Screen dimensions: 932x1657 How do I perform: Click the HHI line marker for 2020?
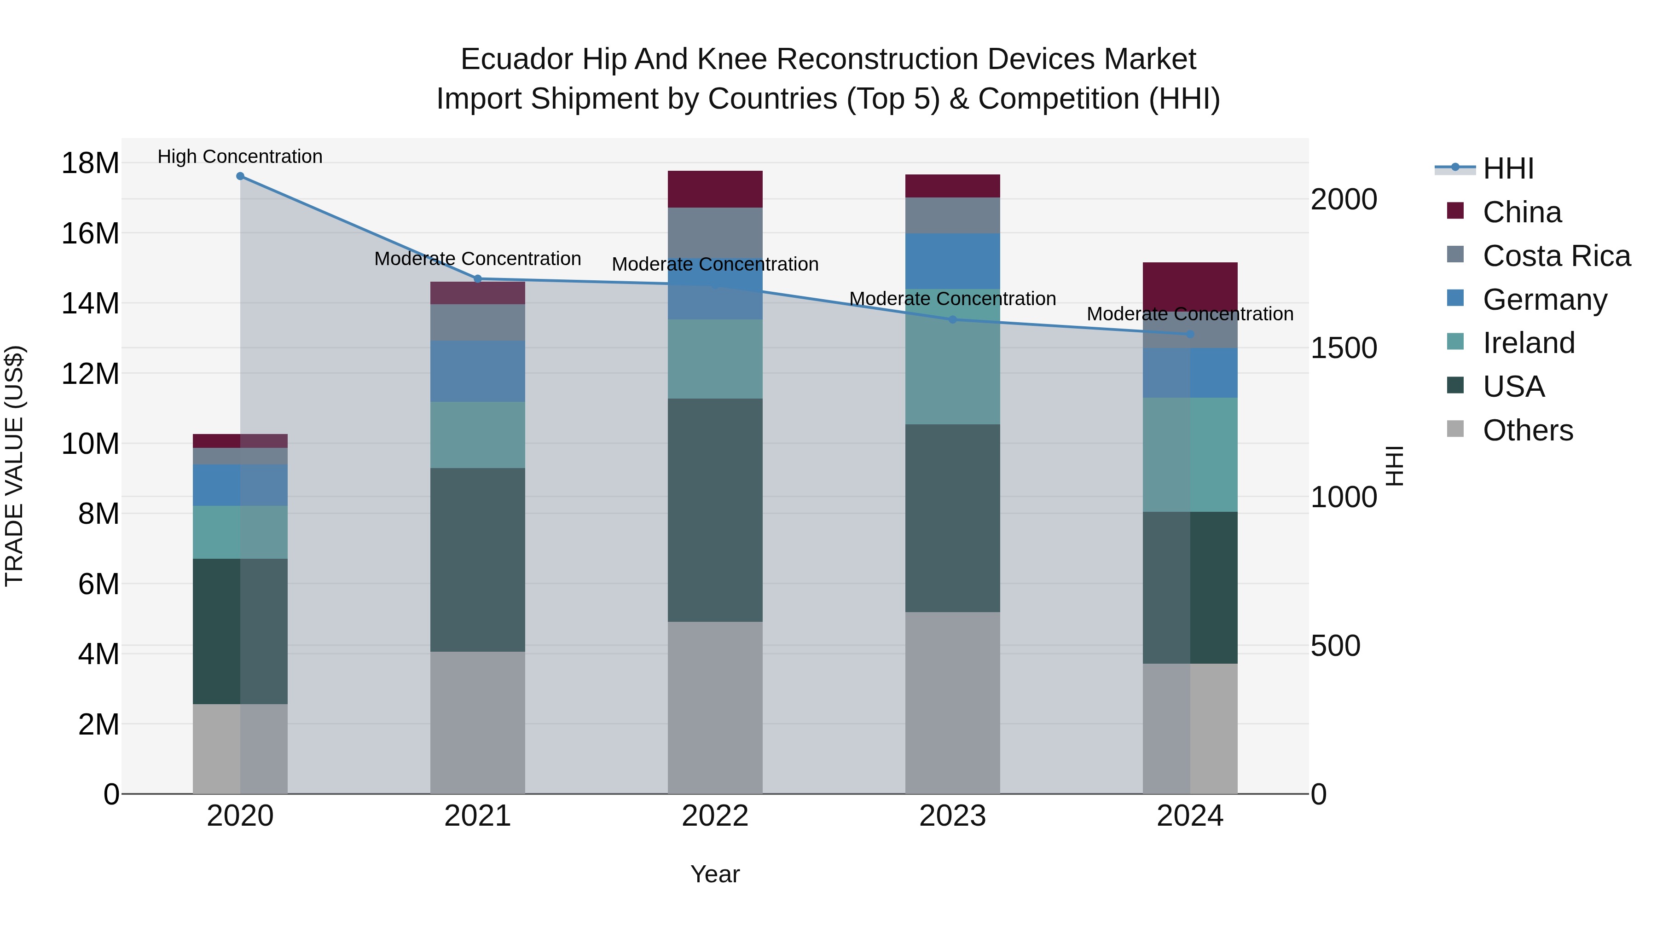point(240,176)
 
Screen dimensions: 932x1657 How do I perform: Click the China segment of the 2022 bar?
point(715,189)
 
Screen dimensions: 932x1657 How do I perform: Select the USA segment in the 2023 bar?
point(953,518)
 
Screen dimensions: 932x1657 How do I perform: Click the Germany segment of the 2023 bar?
point(953,260)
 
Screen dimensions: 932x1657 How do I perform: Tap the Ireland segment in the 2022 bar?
point(715,359)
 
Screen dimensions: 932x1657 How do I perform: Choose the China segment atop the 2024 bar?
point(1190,283)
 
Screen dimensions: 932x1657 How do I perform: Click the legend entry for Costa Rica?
point(1556,256)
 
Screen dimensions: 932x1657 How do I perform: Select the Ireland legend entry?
point(1528,343)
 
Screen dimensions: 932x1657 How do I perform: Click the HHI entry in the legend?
point(1508,168)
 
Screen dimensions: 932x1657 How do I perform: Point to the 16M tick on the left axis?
point(90,233)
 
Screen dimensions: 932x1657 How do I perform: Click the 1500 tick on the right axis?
point(1344,348)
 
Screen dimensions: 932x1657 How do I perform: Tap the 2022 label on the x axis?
point(715,816)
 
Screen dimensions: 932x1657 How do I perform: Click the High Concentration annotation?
point(240,156)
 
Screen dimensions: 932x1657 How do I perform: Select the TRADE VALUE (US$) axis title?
point(15,466)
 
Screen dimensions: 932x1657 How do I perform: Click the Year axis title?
point(715,874)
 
